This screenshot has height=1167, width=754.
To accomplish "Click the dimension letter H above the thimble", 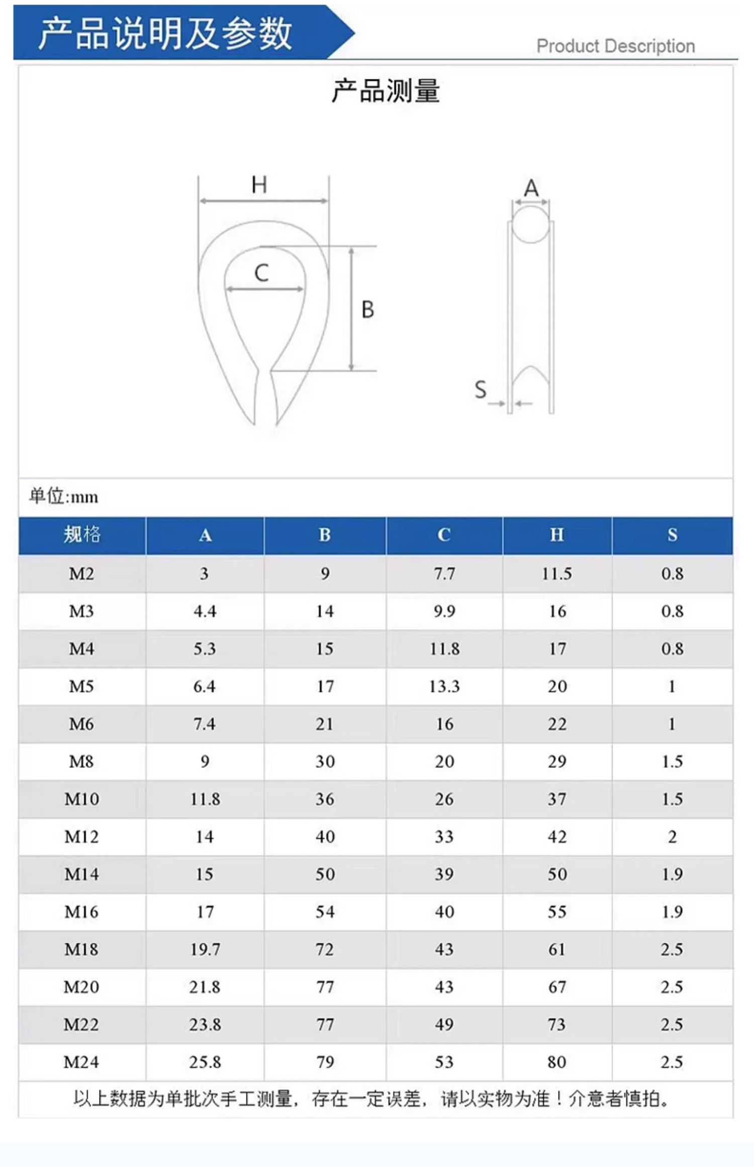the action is pyautogui.click(x=259, y=185).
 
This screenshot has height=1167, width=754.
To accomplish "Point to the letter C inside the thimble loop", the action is pyautogui.click(x=261, y=273).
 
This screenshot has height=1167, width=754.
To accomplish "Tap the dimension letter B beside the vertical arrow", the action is pyautogui.click(x=367, y=309).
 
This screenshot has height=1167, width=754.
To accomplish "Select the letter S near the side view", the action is pyautogui.click(x=481, y=389).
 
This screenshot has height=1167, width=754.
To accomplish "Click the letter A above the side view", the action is pyautogui.click(x=531, y=188).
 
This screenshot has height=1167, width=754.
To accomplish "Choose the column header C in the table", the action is pyautogui.click(x=444, y=535).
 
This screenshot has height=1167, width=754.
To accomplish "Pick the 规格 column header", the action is pyautogui.click(x=82, y=534).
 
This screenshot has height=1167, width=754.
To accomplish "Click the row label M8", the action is pyautogui.click(x=81, y=761).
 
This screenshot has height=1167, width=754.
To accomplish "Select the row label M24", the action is pyautogui.click(x=81, y=1062).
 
